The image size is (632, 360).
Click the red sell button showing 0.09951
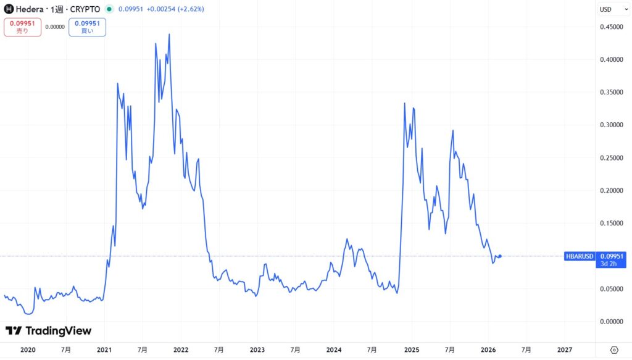tap(22, 27)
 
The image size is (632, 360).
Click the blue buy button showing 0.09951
tap(87, 27)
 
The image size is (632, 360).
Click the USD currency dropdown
tap(609, 9)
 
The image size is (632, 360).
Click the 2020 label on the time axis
tap(28, 350)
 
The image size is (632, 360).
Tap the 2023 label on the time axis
tap(257, 350)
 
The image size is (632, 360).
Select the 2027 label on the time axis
tap(565, 350)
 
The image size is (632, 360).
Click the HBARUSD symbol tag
tap(579, 256)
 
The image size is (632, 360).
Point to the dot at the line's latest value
tap(500, 256)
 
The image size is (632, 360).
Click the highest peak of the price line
tap(169, 35)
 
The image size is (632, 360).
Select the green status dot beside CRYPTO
tap(109, 9)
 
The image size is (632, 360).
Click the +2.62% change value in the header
tap(190, 9)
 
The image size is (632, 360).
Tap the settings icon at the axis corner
tap(614, 350)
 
